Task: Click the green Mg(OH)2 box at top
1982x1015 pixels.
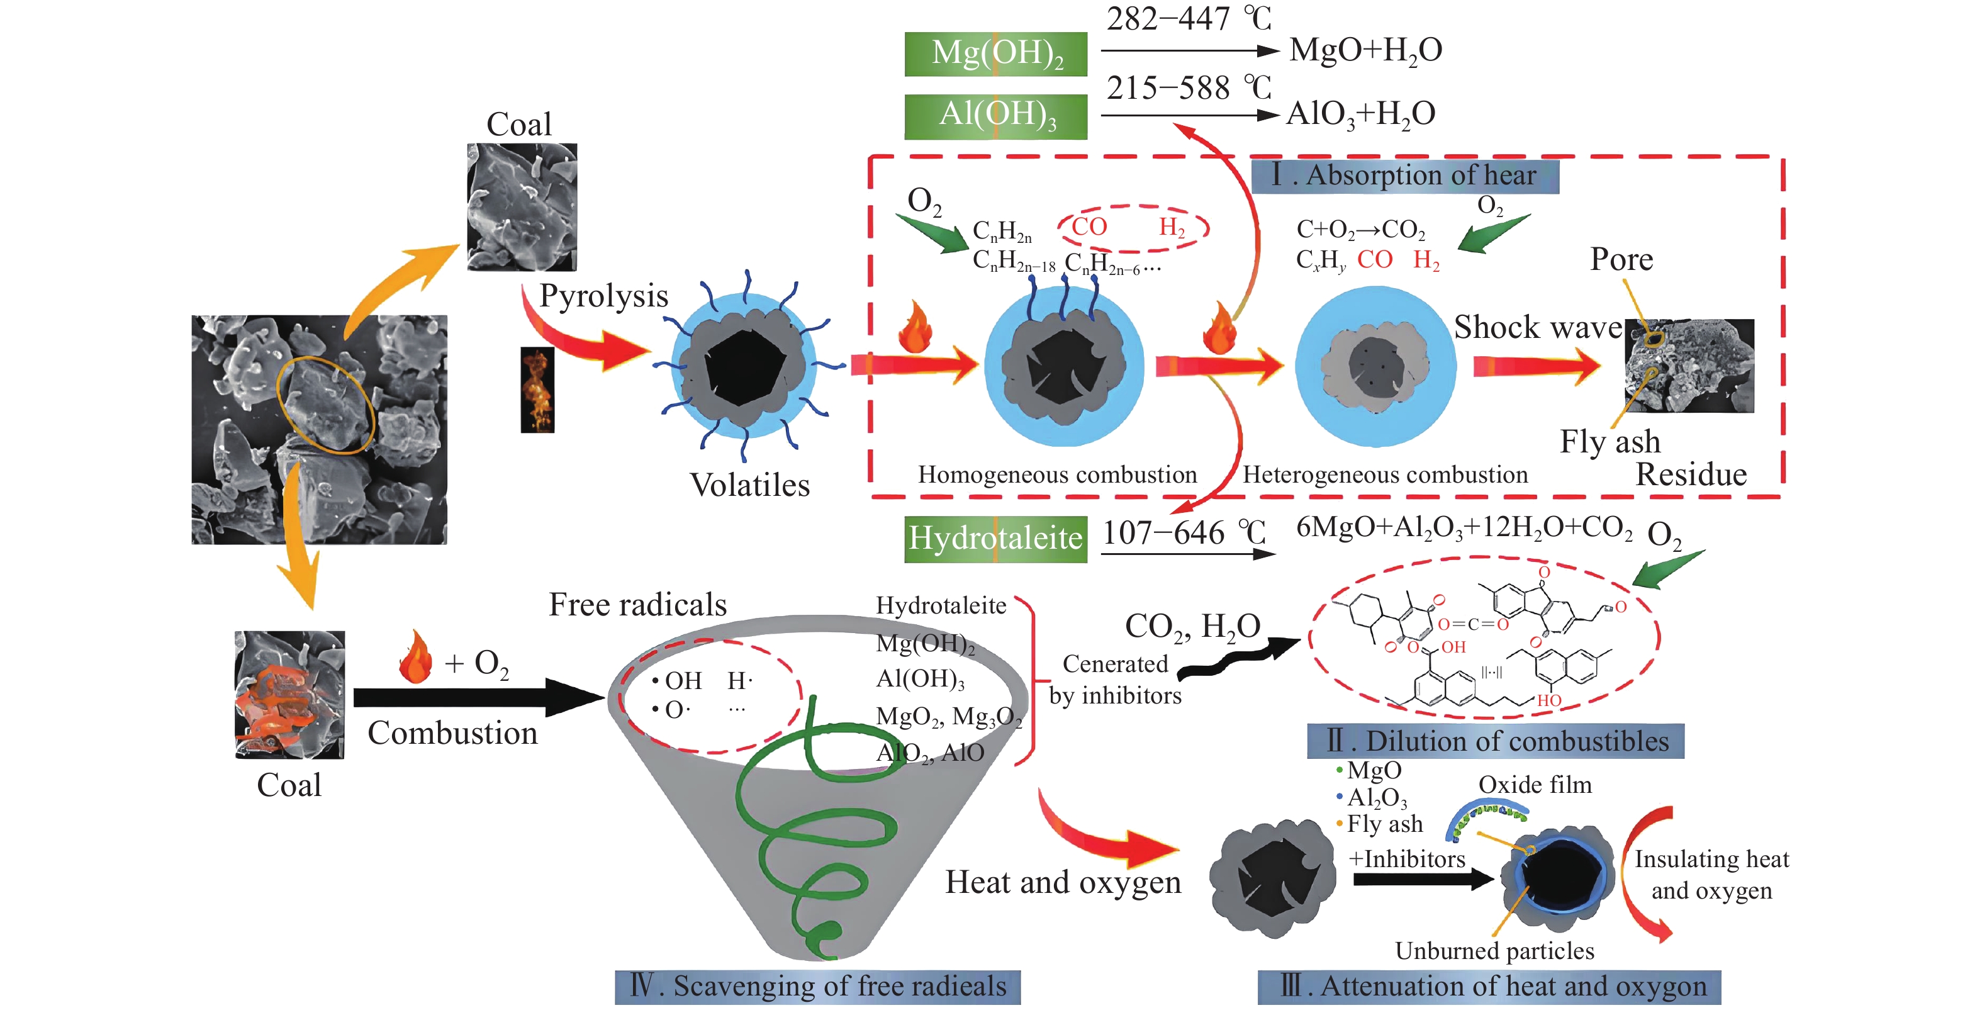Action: click(995, 54)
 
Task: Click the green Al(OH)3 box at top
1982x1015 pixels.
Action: click(995, 116)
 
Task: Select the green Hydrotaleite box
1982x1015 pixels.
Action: click(995, 539)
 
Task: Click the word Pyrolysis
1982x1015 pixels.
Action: click(603, 296)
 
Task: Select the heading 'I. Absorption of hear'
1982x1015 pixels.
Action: click(1405, 176)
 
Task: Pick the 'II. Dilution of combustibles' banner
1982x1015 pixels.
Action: click(1495, 741)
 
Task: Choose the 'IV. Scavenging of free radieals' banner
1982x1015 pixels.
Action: click(817, 987)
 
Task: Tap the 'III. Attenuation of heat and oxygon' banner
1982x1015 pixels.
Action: click(1489, 987)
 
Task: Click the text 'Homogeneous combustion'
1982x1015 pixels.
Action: click(1057, 475)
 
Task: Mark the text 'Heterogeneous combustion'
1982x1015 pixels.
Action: click(1385, 475)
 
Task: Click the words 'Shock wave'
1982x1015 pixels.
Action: click(1537, 327)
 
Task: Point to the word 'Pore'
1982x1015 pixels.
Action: click(1621, 259)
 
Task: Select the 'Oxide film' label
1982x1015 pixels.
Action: click(1534, 785)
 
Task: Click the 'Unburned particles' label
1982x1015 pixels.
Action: click(1494, 951)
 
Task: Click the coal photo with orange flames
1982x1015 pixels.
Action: click(289, 694)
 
